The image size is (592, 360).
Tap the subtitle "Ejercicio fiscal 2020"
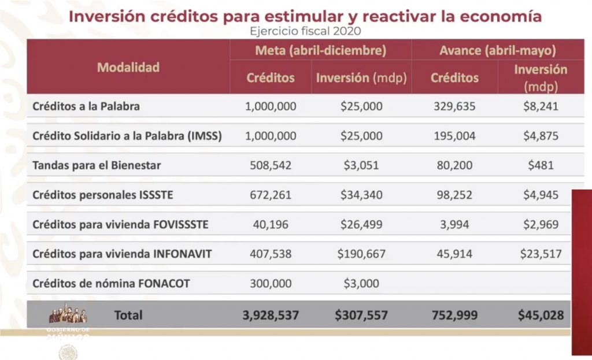pos(304,31)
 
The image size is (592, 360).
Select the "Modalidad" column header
pos(128,67)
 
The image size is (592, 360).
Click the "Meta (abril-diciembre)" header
pos(320,50)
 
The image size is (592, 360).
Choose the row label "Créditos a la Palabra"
pos(86,106)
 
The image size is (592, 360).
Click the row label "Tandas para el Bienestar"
pos(97,165)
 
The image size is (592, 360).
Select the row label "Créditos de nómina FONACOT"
pos(111,284)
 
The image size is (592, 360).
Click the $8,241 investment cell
pos(541,106)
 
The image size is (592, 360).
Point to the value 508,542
pos(271,165)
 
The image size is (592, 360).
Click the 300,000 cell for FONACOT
pos(271,284)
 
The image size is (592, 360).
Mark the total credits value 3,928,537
pos(271,316)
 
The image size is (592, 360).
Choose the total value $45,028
pos(541,316)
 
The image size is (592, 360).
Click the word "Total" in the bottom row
pos(128,316)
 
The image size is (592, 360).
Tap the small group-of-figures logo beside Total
pos(68,314)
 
